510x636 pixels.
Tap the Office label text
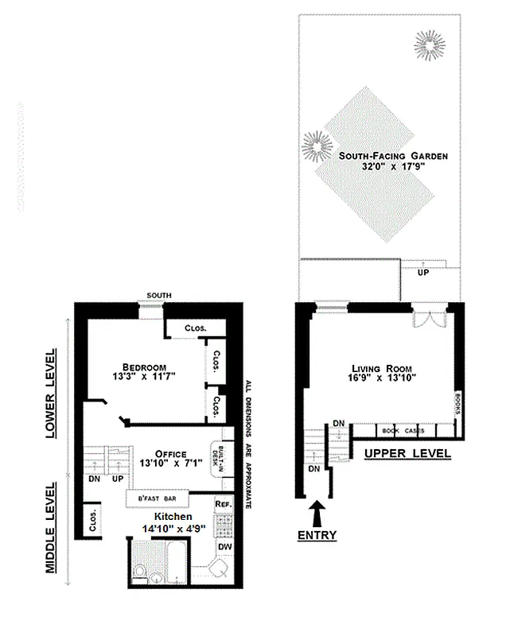pos(170,455)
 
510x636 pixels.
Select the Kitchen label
pos(173,518)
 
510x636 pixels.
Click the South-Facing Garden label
pos(390,157)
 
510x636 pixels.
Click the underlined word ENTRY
pos(317,535)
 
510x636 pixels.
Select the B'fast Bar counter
pos(158,499)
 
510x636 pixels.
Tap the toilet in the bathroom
pos(139,572)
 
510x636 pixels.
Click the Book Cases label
pos(401,431)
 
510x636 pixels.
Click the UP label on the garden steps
pos(422,272)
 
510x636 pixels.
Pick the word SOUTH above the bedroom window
pos(154,297)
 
